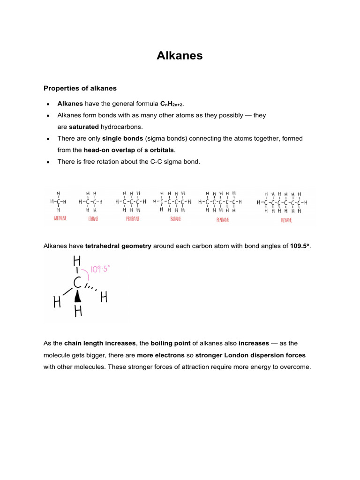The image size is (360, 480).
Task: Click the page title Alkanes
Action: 180,55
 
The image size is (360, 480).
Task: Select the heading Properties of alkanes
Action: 80,88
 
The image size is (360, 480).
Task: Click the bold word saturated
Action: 83,127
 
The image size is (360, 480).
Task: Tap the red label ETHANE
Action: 88,219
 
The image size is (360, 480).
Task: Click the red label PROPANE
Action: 133,219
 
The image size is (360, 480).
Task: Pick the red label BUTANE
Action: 175,219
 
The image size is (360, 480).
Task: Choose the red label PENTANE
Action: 223,219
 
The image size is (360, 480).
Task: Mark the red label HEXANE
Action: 286,220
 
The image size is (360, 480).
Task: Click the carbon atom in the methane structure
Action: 59,202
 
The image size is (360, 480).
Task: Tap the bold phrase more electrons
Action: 168,355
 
